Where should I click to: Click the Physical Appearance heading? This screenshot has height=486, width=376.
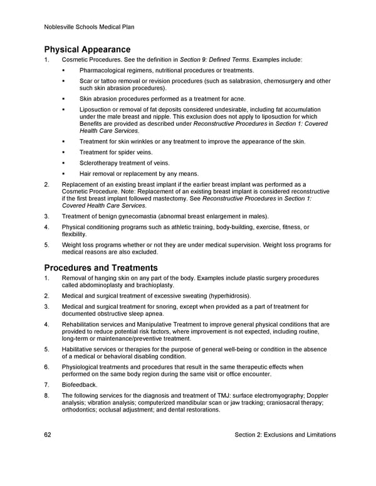(x=87, y=49)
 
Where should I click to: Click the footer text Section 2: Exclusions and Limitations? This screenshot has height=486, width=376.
(x=285, y=435)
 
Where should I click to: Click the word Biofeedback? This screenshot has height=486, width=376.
(x=80, y=385)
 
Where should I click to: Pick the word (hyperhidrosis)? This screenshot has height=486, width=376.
(x=225, y=296)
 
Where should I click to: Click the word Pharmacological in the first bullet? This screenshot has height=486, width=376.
(x=105, y=71)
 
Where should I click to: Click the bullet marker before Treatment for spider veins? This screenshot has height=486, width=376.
(x=65, y=152)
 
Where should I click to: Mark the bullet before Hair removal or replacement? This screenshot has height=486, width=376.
(x=65, y=173)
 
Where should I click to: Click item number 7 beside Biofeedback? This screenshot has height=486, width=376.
(x=47, y=385)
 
